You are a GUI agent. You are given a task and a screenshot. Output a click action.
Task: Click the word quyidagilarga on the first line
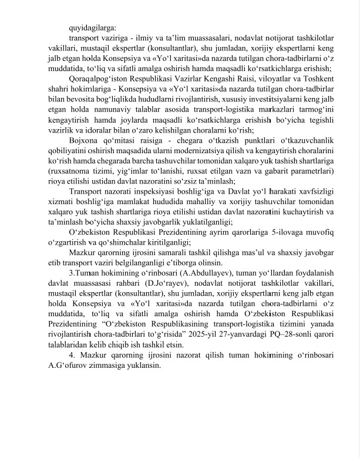coord(92,27)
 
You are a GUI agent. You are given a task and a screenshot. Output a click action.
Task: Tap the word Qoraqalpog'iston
coord(103,79)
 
